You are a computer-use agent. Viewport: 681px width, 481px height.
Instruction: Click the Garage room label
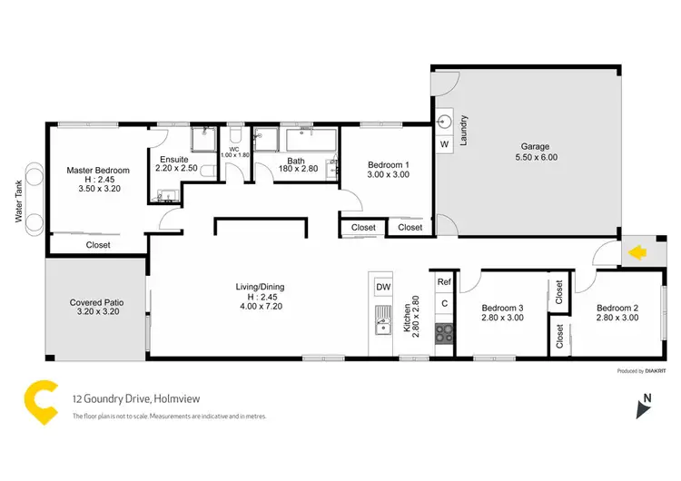(x=534, y=146)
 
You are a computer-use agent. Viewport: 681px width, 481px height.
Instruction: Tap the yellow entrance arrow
(x=638, y=253)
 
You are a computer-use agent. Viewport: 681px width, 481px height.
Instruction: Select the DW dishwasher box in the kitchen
(x=382, y=288)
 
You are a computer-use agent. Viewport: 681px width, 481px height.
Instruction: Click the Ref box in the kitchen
(x=444, y=282)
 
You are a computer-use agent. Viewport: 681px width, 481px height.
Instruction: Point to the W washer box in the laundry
(x=445, y=144)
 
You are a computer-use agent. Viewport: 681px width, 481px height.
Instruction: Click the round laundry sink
(x=445, y=120)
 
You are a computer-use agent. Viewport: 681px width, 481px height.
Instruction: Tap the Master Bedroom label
(x=98, y=170)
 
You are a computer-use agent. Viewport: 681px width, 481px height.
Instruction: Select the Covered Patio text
(x=96, y=302)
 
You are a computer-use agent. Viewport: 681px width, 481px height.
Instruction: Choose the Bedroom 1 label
(x=389, y=165)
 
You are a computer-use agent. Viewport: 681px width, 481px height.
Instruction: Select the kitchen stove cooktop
(x=444, y=332)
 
